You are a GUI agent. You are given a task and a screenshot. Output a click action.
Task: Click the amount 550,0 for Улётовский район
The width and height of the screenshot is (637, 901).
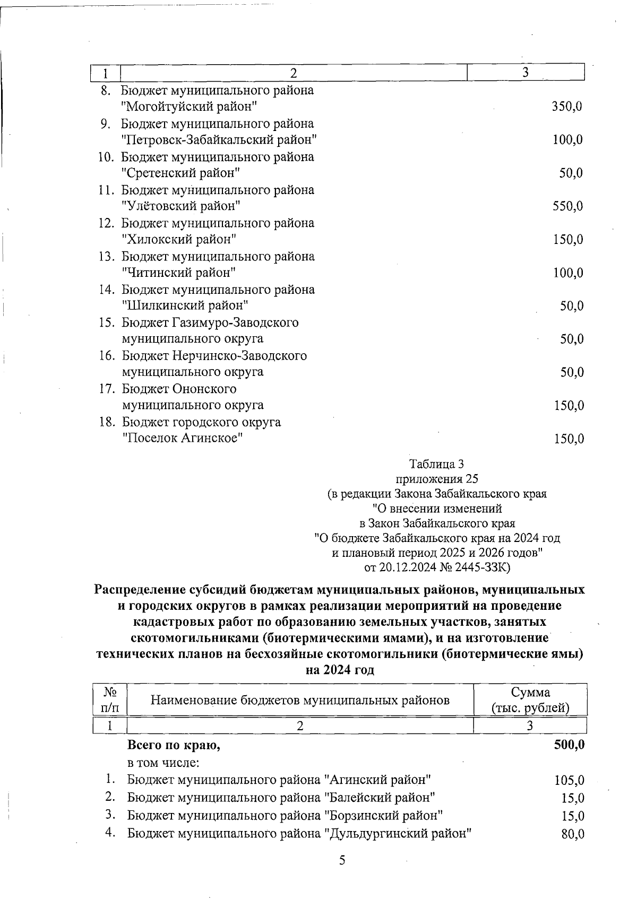click(x=567, y=206)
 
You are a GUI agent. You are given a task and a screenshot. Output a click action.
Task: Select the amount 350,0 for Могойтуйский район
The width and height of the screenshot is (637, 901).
click(x=567, y=107)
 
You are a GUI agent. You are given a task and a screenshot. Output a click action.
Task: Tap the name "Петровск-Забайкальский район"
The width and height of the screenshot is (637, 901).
click(x=219, y=140)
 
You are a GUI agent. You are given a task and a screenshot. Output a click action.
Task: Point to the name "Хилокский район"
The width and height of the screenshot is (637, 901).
click(x=178, y=239)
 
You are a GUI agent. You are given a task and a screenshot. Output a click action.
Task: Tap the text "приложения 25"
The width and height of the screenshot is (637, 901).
click(x=437, y=479)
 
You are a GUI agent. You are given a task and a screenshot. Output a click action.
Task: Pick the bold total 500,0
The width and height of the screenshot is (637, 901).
click(x=569, y=745)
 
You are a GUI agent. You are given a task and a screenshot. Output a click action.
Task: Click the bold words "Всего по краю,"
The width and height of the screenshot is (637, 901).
click(x=174, y=745)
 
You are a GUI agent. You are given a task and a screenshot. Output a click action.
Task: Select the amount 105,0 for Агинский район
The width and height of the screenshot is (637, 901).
click(x=569, y=781)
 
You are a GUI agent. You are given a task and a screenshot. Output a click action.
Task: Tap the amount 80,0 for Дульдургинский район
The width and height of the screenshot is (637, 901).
click(x=573, y=834)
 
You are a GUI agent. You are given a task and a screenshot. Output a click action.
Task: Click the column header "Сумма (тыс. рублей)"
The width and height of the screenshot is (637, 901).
click(x=530, y=700)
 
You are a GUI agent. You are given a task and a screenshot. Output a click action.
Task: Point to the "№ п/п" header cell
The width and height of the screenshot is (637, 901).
click(x=110, y=700)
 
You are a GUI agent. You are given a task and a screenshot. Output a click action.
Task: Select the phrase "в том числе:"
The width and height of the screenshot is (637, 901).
click(x=163, y=763)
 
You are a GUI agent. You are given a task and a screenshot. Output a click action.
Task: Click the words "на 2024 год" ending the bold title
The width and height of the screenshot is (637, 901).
click(x=340, y=670)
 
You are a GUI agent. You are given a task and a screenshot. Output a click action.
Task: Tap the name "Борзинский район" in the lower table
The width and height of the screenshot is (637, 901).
click(x=383, y=815)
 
